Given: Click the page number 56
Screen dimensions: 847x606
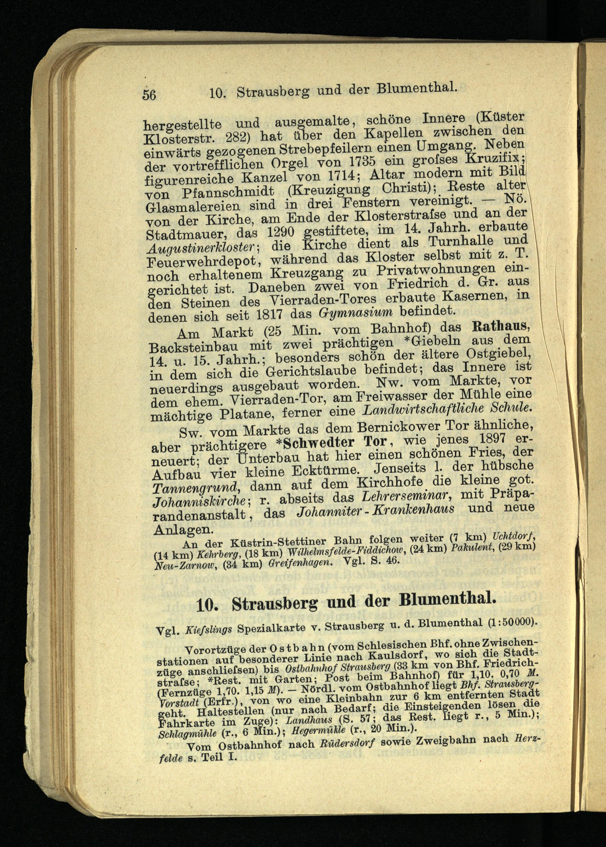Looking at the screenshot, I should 149,95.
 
